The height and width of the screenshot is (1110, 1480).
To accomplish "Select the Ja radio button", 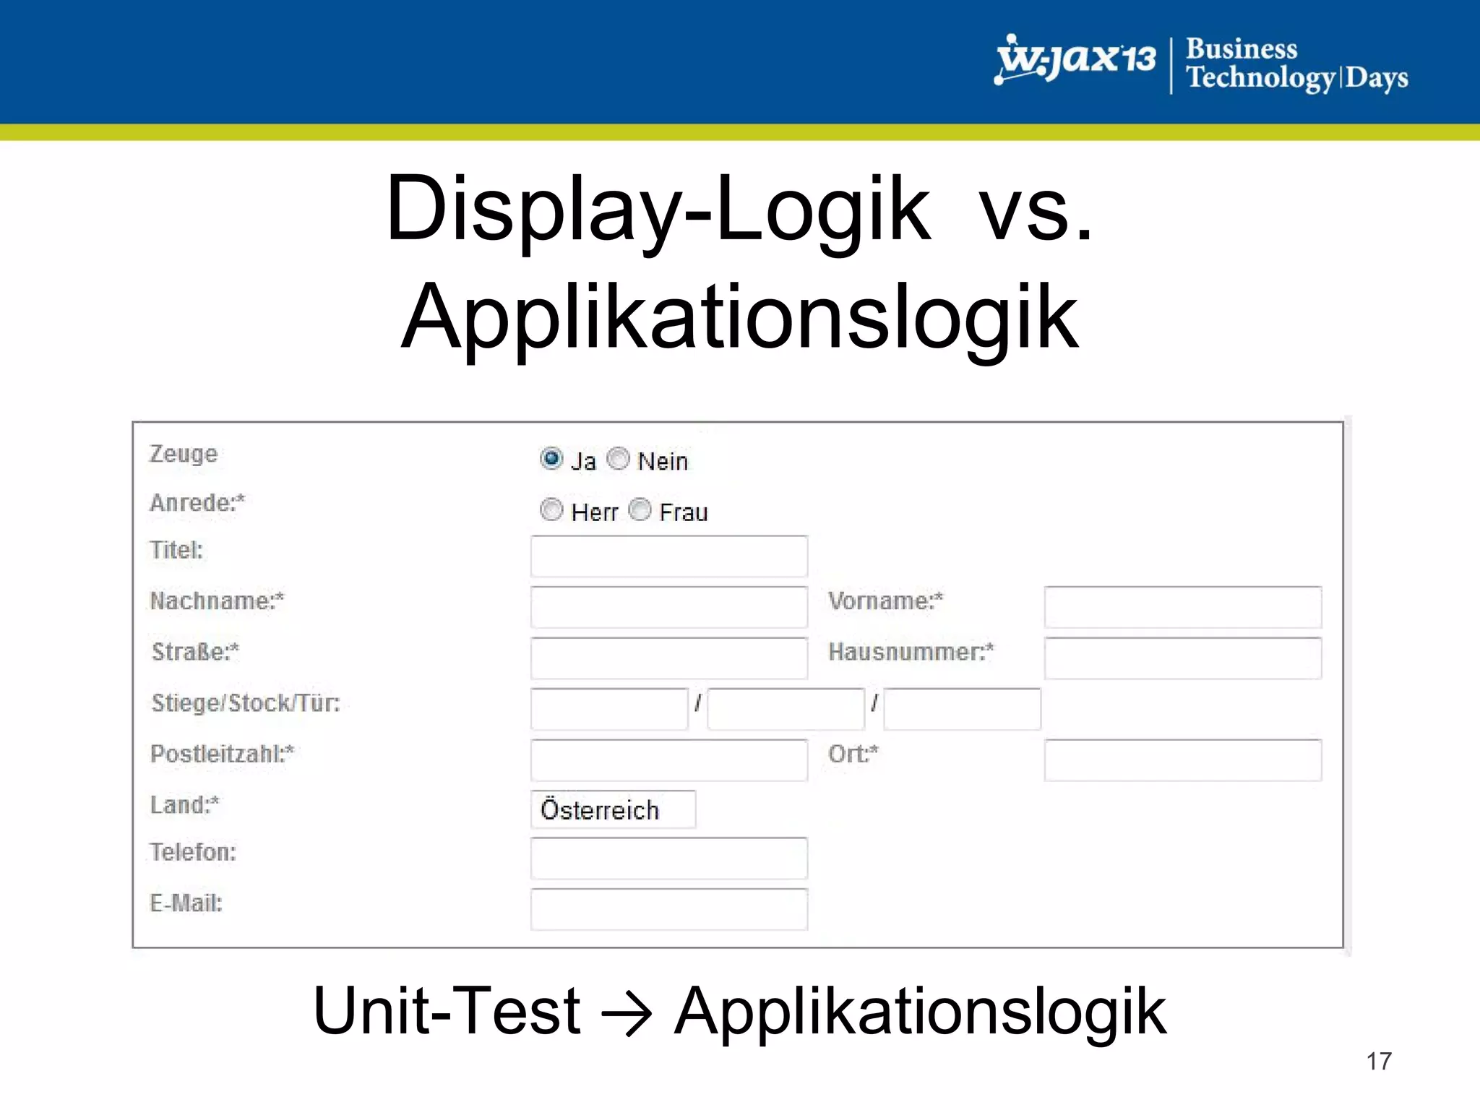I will (x=551, y=459).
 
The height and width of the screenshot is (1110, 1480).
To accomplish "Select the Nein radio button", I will (x=619, y=459).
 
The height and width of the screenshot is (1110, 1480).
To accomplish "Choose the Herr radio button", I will (x=551, y=510).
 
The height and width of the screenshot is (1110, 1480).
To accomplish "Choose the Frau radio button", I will (x=640, y=510).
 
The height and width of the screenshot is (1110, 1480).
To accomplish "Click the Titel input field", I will (x=668, y=556).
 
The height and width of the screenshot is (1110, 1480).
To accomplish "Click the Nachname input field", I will (x=668, y=607).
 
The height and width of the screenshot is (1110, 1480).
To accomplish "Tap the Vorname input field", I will (x=1182, y=607).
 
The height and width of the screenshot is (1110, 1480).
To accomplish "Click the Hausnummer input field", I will (x=1182, y=658).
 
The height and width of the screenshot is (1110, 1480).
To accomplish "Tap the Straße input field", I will (x=668, y=658).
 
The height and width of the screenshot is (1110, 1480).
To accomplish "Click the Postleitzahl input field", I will (x=668, y=760).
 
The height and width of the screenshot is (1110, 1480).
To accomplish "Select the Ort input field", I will (x=1182, y=760).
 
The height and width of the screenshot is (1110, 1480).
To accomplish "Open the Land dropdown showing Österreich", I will (x=613, y=809).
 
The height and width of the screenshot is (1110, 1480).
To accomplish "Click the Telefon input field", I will (x=668, y=858).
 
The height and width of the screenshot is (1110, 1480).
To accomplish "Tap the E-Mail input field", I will (x=668, y=909).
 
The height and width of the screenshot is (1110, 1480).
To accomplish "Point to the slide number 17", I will (x=1378, y=1061).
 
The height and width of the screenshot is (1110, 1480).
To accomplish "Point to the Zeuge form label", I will (x=183, y=454).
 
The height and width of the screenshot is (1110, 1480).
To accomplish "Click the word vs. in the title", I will (x=1036, y=210).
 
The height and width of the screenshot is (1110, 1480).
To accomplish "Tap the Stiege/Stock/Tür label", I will (x=245, y=703).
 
